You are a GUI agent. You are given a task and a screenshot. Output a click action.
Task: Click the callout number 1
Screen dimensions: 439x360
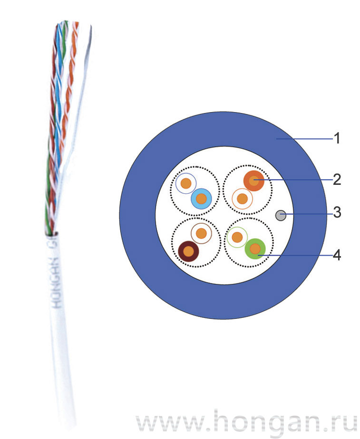click(337, 139)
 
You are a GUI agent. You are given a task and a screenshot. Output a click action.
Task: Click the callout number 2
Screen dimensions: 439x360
click(337, 180)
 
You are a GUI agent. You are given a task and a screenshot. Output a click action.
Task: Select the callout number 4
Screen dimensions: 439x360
click(337, 255)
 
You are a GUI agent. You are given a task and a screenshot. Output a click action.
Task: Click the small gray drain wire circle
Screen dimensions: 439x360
click(281, 216)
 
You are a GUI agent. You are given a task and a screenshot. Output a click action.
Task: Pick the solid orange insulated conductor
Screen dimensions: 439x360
click(253, 181)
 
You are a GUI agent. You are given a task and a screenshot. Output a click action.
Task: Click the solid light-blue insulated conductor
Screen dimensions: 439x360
click(201, 199)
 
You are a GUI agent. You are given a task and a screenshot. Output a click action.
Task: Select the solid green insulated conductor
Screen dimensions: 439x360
click(256, 248)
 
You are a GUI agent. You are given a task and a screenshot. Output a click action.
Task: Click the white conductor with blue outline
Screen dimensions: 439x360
click(185, 183)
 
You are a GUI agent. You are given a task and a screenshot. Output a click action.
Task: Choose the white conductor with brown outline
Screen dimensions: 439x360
click(201, 233)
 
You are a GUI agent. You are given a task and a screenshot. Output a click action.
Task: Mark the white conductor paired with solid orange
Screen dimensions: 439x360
click(242, 198)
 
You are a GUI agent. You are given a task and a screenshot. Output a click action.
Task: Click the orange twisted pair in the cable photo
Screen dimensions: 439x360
click(65, 95)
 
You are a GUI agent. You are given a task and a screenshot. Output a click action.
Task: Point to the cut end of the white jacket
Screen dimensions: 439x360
click(51, 234)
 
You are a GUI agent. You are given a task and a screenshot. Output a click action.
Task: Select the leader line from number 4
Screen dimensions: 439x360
click(295, 255)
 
